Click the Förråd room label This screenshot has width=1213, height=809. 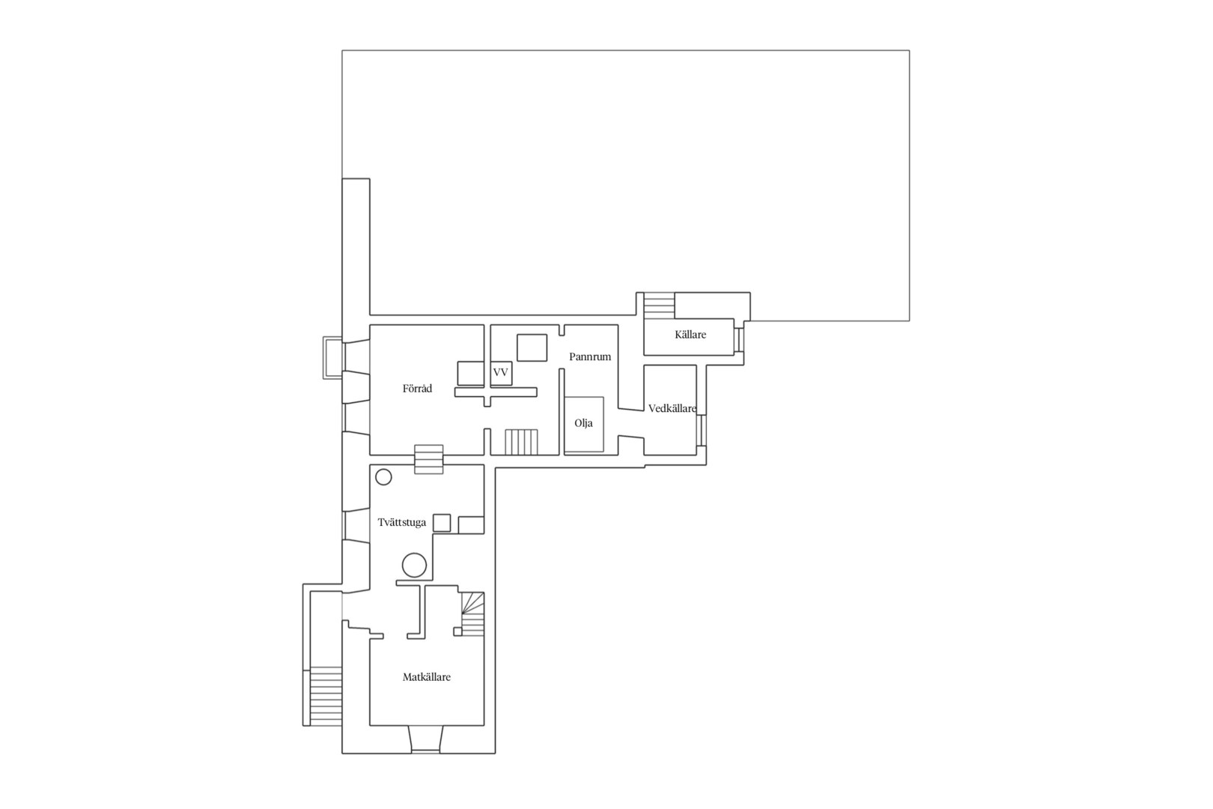[x=417, y=389]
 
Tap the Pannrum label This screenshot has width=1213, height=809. [x=590, y=357]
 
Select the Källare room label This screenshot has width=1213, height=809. [x=690, y=334]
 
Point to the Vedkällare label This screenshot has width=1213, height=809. [x=672, y=408]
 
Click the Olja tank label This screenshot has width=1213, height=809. [x=583, y=423]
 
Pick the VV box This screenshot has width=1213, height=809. [x=501, y=373]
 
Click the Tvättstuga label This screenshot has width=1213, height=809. [x=402, y=522]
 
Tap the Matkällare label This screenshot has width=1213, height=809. [x=426, y=676]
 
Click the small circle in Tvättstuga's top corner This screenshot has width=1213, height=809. [x=383, y=477]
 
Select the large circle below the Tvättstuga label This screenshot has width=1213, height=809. [x=414, y=565]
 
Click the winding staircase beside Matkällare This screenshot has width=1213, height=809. [x=472, y=613]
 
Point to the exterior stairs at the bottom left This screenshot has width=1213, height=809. [x=326, y=696]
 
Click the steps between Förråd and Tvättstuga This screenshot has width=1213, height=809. [x=429, y=459]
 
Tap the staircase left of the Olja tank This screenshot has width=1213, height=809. [x=521, y=442]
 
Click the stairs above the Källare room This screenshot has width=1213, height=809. [x=659, y=306]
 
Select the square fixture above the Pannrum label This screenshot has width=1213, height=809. [x=532, y=348]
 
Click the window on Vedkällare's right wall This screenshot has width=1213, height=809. [x=702, y=430]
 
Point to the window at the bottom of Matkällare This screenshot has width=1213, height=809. [x=425, y=751]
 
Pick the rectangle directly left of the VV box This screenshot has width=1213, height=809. [x=470, y=373]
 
